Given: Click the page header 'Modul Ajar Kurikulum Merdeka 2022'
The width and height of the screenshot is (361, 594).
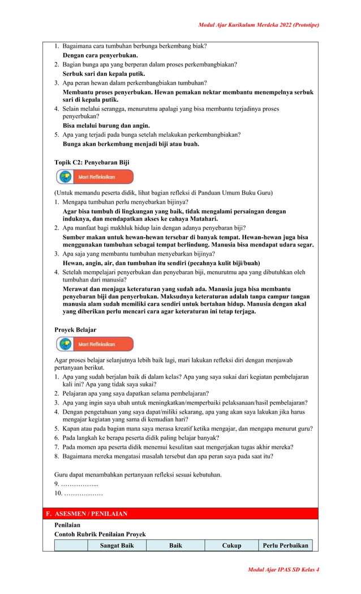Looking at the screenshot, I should point(259,25).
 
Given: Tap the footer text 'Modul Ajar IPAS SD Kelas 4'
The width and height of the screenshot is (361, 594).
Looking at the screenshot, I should point(283,569).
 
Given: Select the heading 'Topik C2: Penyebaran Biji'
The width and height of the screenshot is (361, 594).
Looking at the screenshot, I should point(92,162).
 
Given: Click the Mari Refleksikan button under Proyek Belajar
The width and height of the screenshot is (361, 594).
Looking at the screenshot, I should point(94,344).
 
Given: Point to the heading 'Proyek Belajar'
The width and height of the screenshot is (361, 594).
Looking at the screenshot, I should point(75,329).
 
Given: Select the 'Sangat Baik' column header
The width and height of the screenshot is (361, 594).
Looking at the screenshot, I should point(117,545).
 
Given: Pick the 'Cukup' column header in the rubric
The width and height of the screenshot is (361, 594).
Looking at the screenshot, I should point(231,545).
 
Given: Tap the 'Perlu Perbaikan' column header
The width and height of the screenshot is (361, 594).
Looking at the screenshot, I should point(285,545).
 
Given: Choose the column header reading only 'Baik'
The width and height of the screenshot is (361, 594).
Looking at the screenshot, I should point(175,545).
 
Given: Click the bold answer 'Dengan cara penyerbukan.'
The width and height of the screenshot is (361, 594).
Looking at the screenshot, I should point(100,55).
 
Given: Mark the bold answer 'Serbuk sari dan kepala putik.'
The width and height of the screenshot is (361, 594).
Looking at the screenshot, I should point(104,73).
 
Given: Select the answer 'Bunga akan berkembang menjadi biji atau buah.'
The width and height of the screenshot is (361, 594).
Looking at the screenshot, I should point(131,144).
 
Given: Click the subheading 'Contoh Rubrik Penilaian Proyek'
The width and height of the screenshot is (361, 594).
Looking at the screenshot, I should point(100,534).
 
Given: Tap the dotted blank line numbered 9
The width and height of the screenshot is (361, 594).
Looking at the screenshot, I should point(79,484).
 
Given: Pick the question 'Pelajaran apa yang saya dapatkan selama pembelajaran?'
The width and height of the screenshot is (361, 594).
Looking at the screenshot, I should point(135,393).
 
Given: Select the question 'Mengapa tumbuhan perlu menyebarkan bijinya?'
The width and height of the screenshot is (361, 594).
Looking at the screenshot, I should point(125,202).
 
